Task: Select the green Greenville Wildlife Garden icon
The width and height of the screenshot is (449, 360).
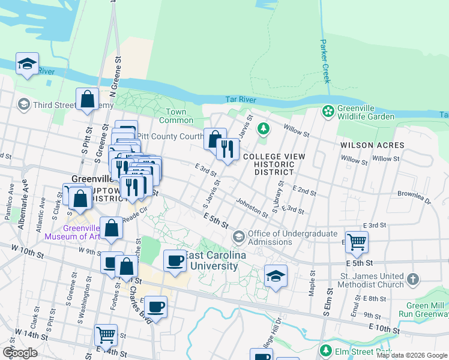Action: [328, 110]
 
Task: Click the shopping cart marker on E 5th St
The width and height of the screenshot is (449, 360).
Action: [357, 242]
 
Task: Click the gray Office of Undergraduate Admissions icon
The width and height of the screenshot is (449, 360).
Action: [238, 236]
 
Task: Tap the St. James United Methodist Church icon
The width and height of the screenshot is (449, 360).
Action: [412, 279]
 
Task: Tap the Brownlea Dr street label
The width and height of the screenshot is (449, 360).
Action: [414, 197]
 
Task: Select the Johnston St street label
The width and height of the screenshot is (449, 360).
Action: [252, 208]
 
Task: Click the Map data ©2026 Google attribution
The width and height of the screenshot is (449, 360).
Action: [412, 355]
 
